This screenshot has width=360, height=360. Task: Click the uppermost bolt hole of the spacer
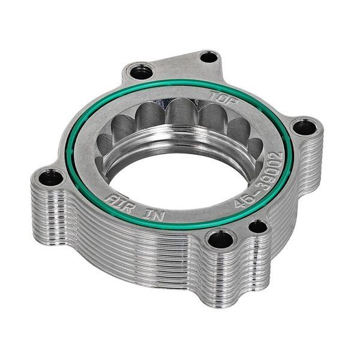208,58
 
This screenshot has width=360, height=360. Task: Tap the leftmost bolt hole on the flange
47,178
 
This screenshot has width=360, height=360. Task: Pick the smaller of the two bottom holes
257,227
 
